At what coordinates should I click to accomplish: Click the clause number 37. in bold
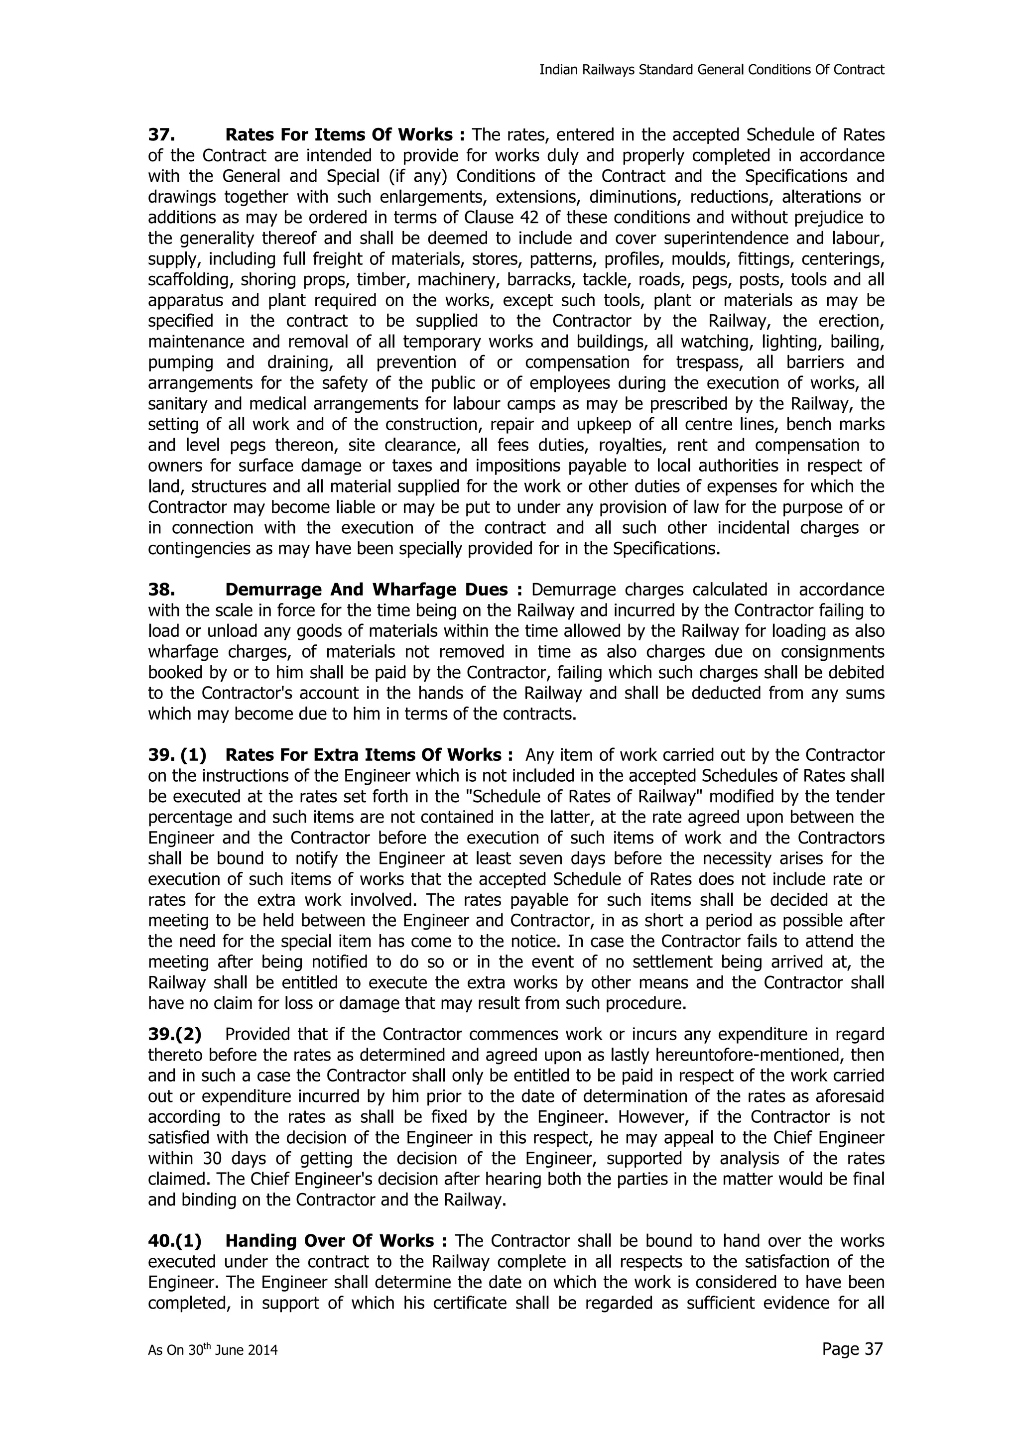(x=160, y=135)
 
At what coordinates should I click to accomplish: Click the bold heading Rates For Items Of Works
(x=344, y=135)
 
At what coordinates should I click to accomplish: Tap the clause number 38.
(x=160, y=590)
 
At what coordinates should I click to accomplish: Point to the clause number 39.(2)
(x=175, y=1034)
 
